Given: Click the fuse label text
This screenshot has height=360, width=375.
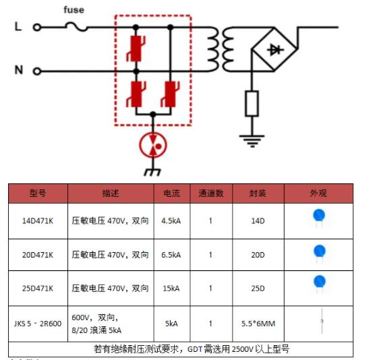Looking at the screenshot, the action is pyautogui.click(x=74, y=10).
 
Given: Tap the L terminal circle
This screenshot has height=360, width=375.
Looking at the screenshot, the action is pyautogui.click(x=36, y=28).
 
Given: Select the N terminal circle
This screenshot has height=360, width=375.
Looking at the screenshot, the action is pyautogui.click(x=36, y=71).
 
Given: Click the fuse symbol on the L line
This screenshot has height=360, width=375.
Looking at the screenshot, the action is pyautogui.click(x=76, y=27).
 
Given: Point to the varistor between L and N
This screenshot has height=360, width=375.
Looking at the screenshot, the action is pyautogui.click(x=136, y=49).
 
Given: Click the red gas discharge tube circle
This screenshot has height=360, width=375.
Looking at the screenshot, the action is pyautogui.click(x=153, y=145).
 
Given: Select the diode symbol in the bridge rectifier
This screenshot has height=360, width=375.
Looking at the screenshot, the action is pyautogui.click(x=275, y=50).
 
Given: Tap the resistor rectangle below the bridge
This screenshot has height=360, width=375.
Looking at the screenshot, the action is pyautogui.click(x=252, y=104).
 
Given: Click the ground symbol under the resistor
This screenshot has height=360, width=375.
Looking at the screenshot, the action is pyautogui.click(x=252, y=141).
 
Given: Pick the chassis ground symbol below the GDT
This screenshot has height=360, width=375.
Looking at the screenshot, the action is pyautogui.click(x=152, y=172).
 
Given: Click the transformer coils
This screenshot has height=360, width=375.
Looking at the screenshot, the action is pyautogui.click(x=221, y=49).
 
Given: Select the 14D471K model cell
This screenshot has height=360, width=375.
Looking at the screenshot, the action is pyautogui.click(x=38, y=220).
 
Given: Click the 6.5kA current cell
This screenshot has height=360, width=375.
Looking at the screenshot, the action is pyautogui.click(x=171, y=255).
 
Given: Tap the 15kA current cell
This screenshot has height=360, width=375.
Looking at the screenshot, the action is pyautogui.click(x=171, y=289).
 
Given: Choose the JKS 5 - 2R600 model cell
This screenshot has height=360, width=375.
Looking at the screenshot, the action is pyautogui.click(x=38, y=324).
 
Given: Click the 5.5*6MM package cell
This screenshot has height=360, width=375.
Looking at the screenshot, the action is pyautogui.click(x=258, y=324).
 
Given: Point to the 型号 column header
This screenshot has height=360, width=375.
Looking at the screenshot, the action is pyautogui.click(x=38, y=193).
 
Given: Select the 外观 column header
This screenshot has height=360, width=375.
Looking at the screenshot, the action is pyautogui.click(x=318, y=193).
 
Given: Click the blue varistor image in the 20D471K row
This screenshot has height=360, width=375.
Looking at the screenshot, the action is pyautogui.click(x=319, y=253).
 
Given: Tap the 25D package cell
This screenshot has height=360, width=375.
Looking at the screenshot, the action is pyautogui.click(x=258, y=289).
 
